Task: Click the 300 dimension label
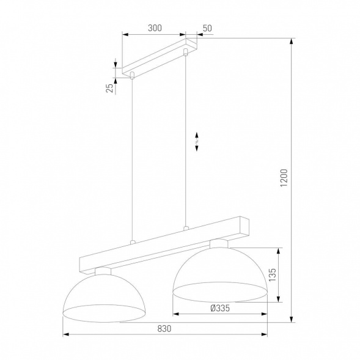(x=155, y=28)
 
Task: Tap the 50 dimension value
(x=207, y=28)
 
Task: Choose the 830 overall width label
(x=164, y=328)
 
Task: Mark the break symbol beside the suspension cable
(x=197, y=141)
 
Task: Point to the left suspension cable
(x=131, y=159)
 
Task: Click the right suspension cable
(x=185, y=141)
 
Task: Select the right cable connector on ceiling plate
(x=185, y=56)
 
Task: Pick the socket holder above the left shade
(x=103, y=271)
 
